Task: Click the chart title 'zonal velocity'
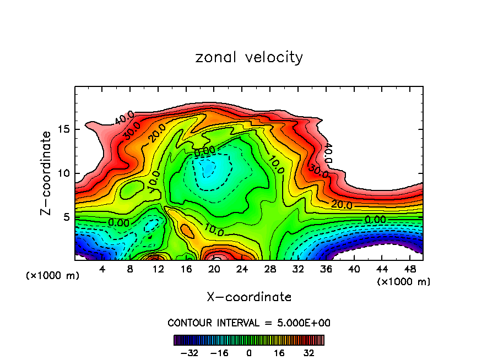(x=249, y=57)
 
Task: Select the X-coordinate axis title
(x=249, y=297)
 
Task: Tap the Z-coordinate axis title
(x=47, y=173)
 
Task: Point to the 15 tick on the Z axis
(x=63, y=130)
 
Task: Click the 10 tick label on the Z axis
(x=63, y=173)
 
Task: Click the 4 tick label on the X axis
(x=102, y=269)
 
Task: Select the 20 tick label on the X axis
(x=214, y=269)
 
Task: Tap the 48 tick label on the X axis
(x=410, y=269)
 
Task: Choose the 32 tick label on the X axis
(x=299, y=269)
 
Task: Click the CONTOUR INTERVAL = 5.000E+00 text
(x=249, y=323)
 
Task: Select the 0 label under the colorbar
(x=249, y=353)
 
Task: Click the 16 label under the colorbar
(x=280, y=353)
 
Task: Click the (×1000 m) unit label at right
(x=404, y=282)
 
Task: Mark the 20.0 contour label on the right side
(x=342, y=205)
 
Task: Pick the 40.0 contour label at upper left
(x=124, y=117)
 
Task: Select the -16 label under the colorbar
(x=220, y=353)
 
